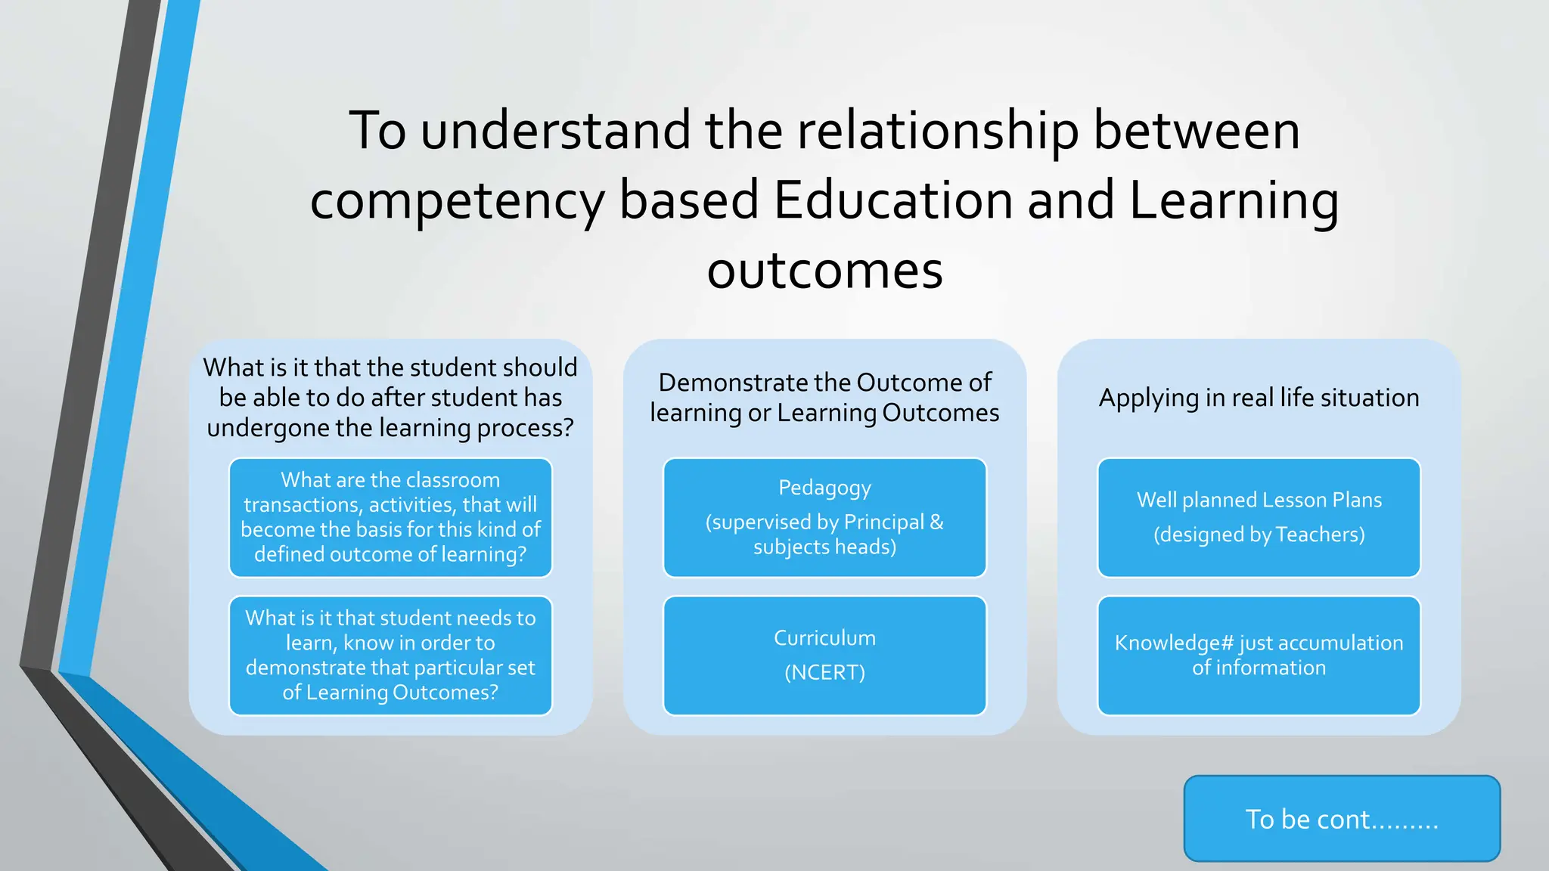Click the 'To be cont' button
pos(1341,819)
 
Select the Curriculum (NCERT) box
pos(824,656)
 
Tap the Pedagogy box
pos(824,518)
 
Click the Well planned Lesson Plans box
pos(1259,518)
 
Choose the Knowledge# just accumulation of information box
pos(1259,656)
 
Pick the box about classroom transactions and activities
pos(390,518)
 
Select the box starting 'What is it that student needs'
pos(390,656)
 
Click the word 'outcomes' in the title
pos(824,271)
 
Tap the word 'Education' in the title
pos(893,201)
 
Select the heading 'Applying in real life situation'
pos(1259,398)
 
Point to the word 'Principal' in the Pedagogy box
pos(883,522)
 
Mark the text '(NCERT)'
pos(824,672)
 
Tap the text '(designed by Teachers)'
pos(1259,535)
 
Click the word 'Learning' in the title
pos(1234,201)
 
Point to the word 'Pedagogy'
pos(824,488)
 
